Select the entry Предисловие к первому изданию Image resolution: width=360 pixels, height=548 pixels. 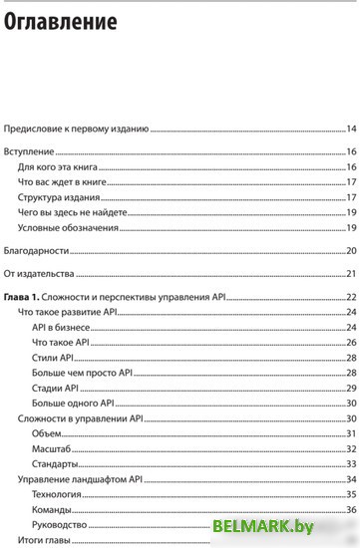[x=77, y=130]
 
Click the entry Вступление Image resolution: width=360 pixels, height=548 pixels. [x=29, y=153]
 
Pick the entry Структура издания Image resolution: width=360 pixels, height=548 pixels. [x=58, y=197]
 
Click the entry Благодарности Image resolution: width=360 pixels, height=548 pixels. [x=37, y=250]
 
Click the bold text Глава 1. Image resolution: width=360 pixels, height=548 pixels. [x=21, y=298]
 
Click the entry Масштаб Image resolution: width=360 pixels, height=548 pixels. [x=52, y=449]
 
